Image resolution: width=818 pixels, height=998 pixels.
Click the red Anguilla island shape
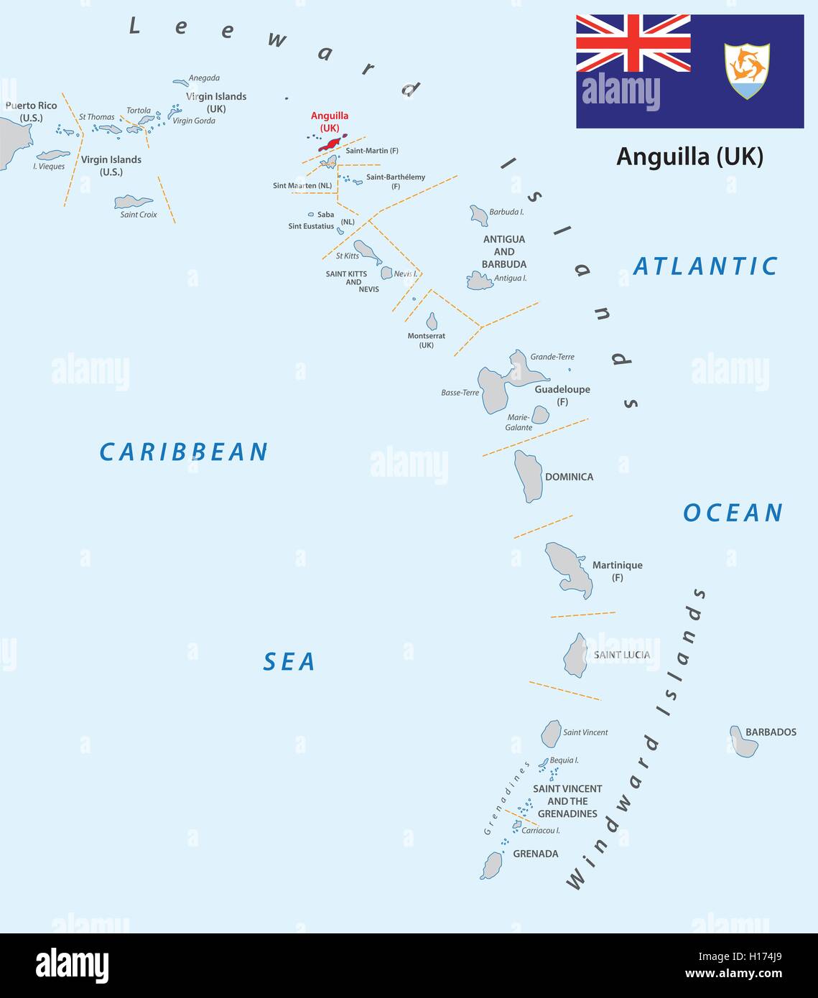331,143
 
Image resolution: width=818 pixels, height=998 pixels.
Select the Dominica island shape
529,476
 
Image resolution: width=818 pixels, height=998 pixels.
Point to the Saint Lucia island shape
576,656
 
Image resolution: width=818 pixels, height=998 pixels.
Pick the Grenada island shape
492,865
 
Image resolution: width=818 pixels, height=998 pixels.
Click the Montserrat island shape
432,322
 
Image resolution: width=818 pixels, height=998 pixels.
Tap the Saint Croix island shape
133,202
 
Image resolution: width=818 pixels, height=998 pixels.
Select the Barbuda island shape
479,215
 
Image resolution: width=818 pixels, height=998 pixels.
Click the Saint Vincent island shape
551,734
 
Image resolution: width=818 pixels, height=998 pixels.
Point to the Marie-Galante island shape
540,415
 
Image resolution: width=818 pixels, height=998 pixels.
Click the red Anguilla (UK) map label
330,121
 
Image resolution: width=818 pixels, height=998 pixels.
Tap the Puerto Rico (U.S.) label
31,111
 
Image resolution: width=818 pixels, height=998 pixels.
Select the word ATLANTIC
705,266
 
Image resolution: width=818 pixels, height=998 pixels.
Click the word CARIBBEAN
183,452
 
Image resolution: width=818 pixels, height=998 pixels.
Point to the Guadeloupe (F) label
562,395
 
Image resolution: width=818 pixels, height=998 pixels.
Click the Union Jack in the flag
633,43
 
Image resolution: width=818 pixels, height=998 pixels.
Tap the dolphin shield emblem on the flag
746,70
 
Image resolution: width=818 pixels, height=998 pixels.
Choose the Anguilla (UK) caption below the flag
689,156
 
